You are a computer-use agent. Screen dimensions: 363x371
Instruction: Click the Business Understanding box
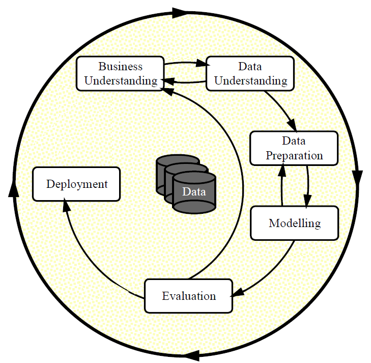pos(120,73)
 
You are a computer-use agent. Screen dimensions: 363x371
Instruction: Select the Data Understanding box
pos(250,73)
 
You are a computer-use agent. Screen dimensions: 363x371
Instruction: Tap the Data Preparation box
pos(294,148)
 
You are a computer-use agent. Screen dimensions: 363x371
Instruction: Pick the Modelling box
pos(294,223)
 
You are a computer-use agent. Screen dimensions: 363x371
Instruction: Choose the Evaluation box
pos(189,296)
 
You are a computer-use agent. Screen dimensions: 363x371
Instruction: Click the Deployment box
pos(76,184)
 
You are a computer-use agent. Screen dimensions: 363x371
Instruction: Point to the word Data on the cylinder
pos(194,192)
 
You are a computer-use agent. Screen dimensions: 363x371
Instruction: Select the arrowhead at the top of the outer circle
pos(180,13)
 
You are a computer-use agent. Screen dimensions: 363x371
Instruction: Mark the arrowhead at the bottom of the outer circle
pos(192,355)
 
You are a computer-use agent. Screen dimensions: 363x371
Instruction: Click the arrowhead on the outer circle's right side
pos(357,177)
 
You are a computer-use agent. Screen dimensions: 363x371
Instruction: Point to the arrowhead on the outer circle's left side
pos(14,188)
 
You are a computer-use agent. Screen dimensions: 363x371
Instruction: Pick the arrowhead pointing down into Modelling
pos(307,201)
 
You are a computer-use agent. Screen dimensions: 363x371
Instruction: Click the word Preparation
pos(294,155)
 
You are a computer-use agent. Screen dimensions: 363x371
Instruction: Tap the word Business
pos(120,67)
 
